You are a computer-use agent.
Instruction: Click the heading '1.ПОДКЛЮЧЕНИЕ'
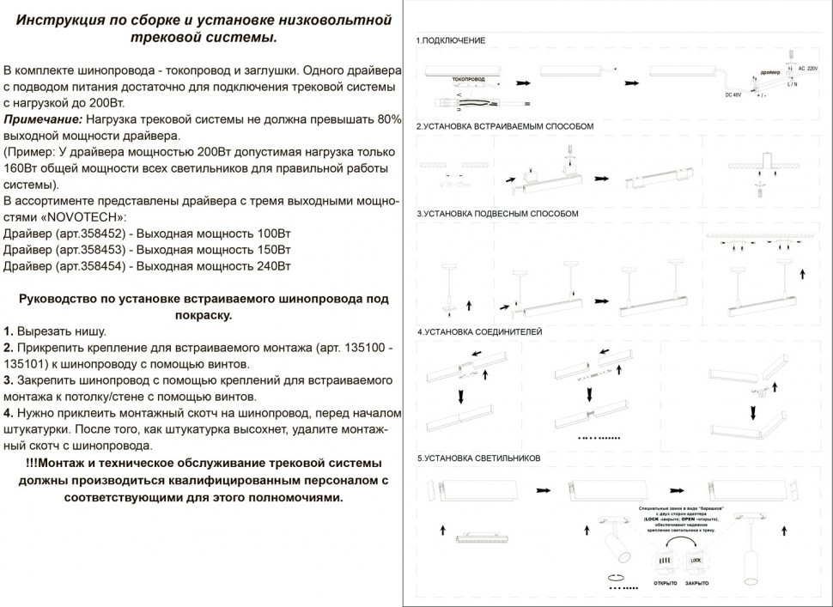pyautogui.click(x=451, y=41)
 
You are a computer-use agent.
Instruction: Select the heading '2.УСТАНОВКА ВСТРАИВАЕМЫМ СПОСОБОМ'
pyautogui.click(x=504, y=126)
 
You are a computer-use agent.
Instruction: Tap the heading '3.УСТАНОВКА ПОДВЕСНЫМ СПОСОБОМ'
pyautogui.click(x=497, y=214)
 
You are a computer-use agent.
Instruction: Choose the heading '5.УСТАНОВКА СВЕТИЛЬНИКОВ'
pyautogui.click(x=478, y=458)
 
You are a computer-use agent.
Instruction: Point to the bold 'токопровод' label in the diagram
pyautogui.click(x=468, y=79)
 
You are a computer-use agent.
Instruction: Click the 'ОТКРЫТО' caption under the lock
pyautogui.click(x=666, y=583)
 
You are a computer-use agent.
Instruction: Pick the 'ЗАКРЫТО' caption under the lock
pyautogui.click(x=696, y=583)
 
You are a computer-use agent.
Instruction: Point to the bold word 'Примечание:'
pyautogui.click(x=44, y=118)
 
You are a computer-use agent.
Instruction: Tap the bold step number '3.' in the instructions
pyautogui.click(x=9, y=379)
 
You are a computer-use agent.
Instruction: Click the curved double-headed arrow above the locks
pyautogui.click(x=679, y=543)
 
